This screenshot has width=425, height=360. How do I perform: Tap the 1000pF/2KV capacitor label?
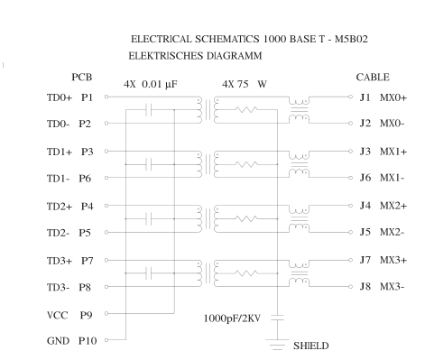[234, 318]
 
